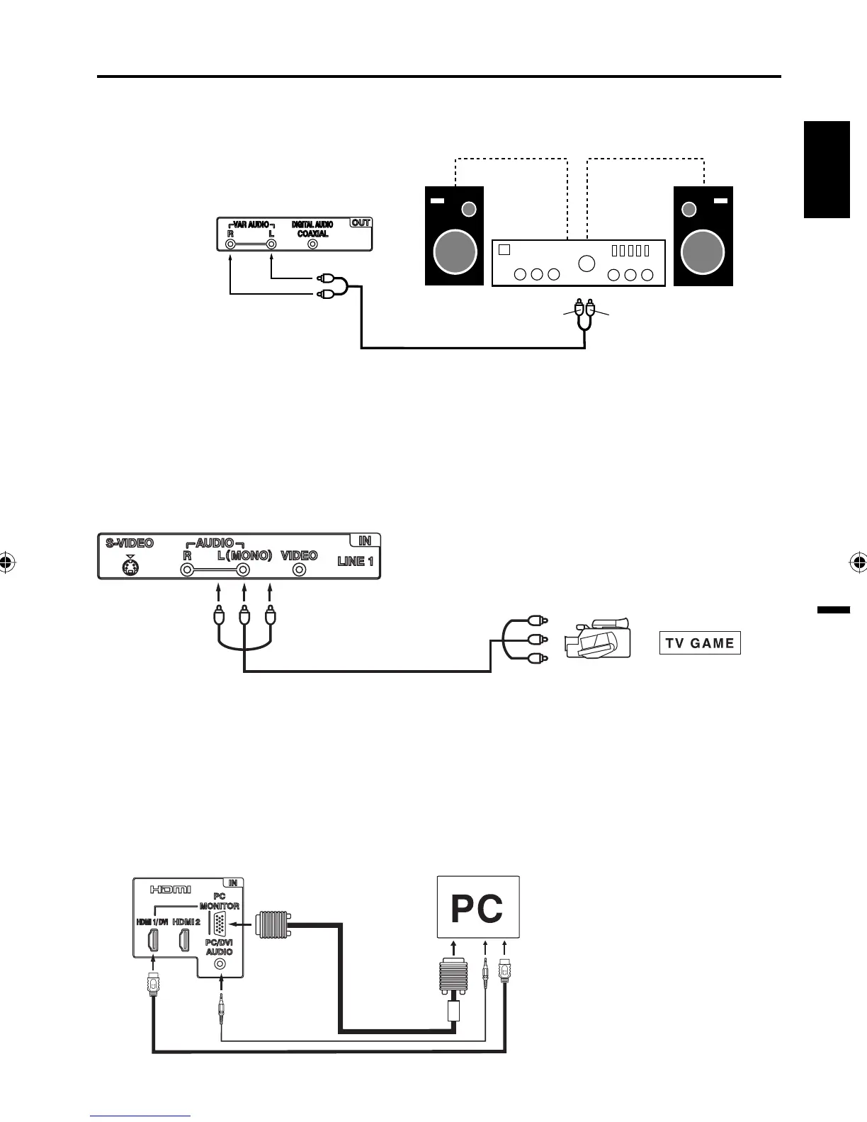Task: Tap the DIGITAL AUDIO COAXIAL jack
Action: (x=312, y=244)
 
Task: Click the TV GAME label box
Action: (x=700, y=642)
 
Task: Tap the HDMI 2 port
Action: (x=184, y=941)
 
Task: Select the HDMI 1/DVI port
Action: (x=152, y=941)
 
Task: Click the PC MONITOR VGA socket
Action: (x=220, y=924)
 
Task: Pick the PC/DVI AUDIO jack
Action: (x=221, y=964)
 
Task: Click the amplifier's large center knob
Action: (x=586, y=263)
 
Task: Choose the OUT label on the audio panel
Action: (x=361, y=222)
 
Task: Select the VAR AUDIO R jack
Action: (x=230, y=244)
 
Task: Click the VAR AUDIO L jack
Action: (x=271, y=244)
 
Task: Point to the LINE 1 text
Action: (x=356, y=561)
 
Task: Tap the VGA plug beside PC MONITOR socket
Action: (x=272, y=924)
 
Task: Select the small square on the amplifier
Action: (x=504, y=249)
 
